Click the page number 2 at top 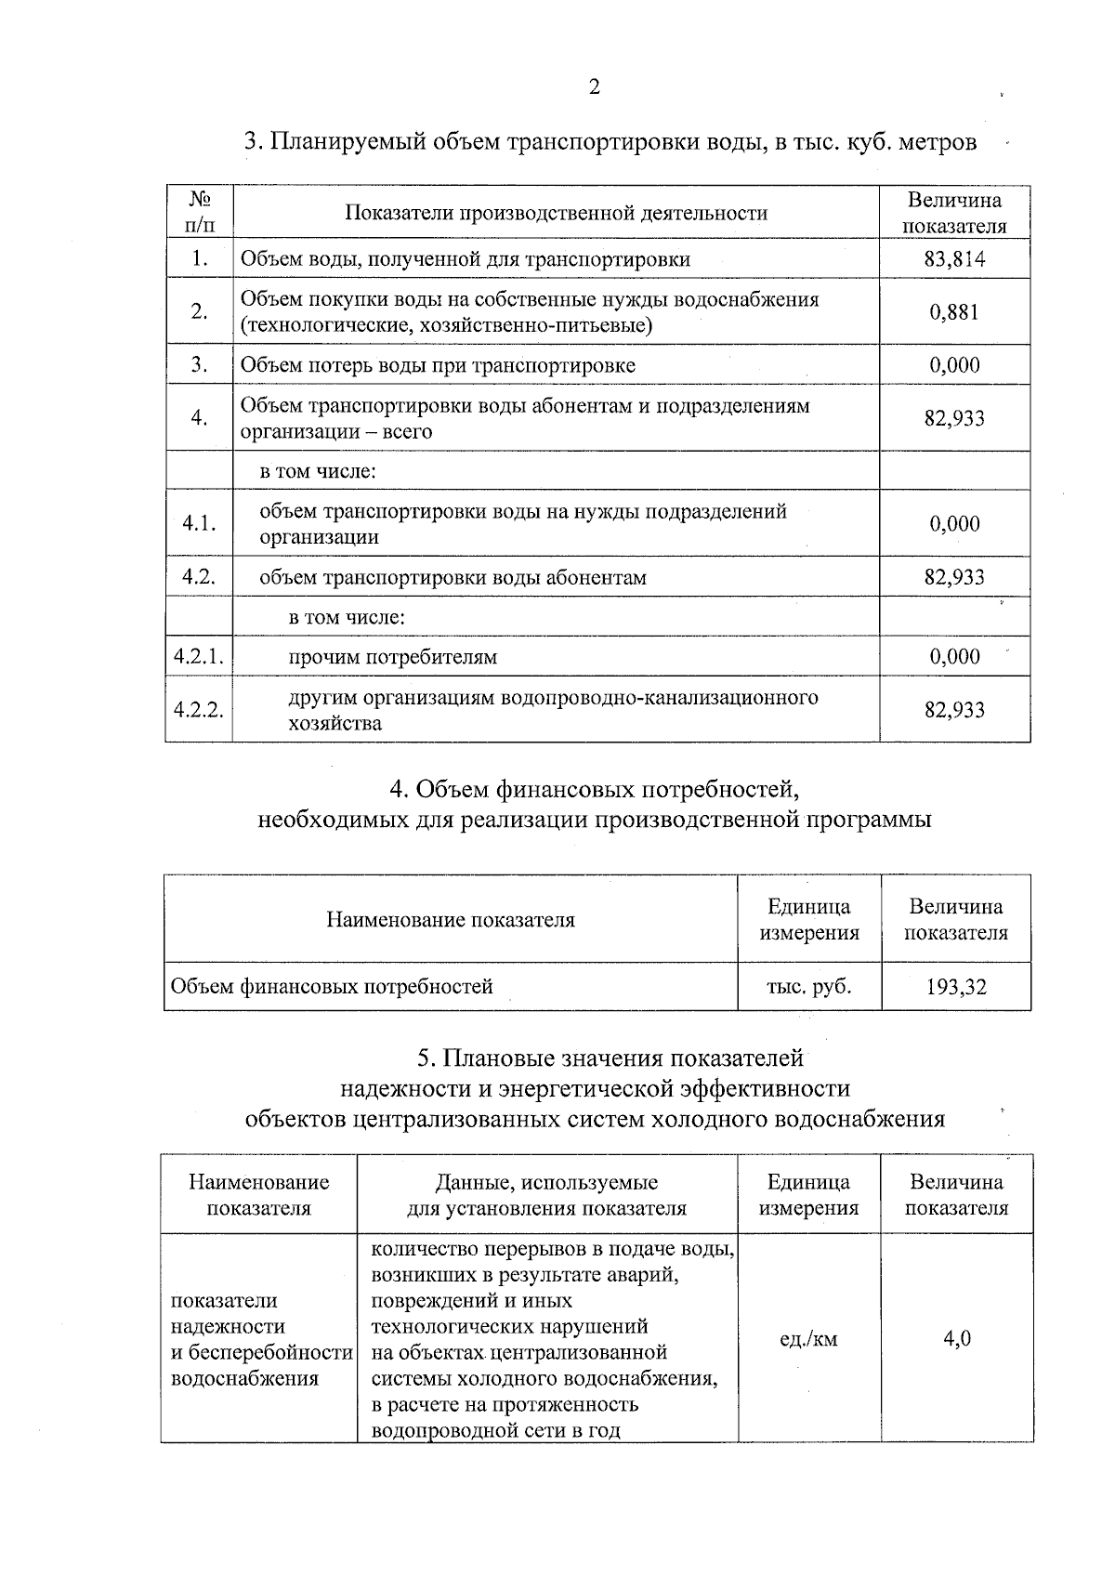coord(594,87)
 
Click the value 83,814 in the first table coord(954,259)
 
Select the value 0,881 coord(954,312)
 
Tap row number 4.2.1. coord(199,657)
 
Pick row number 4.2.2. coord(199,711)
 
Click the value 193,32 coord(955,987)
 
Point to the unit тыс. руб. coord(808,987)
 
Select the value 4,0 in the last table coord(957,1339)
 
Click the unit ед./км coord(808,1339)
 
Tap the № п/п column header coord(199,213)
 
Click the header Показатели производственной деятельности coord(556,214)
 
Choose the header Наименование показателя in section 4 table coord(451,920)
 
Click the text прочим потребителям coord(392,658)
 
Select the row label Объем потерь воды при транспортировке coord(438,365)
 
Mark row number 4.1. coord(199,524)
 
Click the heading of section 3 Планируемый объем coord(610,142)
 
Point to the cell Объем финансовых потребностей coord(332,987)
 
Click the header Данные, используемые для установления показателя coord(546,1196)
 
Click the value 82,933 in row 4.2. coord(954,577)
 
